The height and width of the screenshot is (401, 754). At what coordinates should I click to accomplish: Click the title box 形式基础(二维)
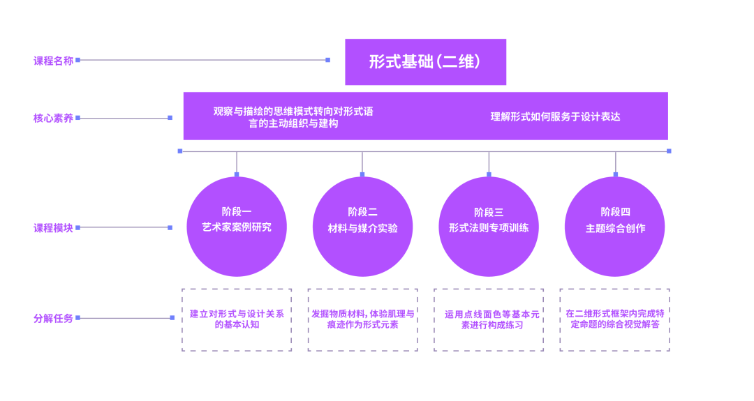pyautogui.click(x=425, y=62)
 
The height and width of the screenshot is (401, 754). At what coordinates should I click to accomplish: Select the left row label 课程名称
pyautogui.click(x=54, y=61)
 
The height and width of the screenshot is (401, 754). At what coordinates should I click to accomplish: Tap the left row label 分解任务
pyautogui.click(x=54, y=318)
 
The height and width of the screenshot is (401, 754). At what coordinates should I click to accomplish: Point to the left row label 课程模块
pyautogui.click(x=54, y=227)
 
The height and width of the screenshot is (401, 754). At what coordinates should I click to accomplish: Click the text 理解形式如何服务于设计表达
pyautogui.click(x=555, y=116)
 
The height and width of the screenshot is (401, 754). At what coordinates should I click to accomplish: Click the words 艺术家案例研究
pyautogui.click(x=237, y=227)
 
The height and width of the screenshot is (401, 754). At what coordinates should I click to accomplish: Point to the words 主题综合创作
pyautogui.click(x=615, y=228)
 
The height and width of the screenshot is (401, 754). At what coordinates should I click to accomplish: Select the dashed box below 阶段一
pyautogui.click(x=237, y=319)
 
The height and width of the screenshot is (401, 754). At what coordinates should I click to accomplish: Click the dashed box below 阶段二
pyautogui.click(x=362, y=319)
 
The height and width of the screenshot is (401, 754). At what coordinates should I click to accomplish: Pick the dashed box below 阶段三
pyautogui.click(x=489, y=319)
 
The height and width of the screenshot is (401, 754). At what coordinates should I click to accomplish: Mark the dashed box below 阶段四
pyautogui.click(x=614, y=319)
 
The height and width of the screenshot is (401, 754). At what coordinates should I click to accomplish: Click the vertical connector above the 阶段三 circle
pyautogui.click(x=489, y=162)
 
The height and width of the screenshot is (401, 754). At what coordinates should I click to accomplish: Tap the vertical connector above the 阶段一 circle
pyautogui.click(x=237, y=162)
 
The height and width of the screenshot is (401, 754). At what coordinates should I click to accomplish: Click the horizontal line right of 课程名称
pyautogui.click(x=202, y=60)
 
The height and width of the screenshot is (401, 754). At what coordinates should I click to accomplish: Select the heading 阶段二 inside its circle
pyautogui.click(x=362, y=211)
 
